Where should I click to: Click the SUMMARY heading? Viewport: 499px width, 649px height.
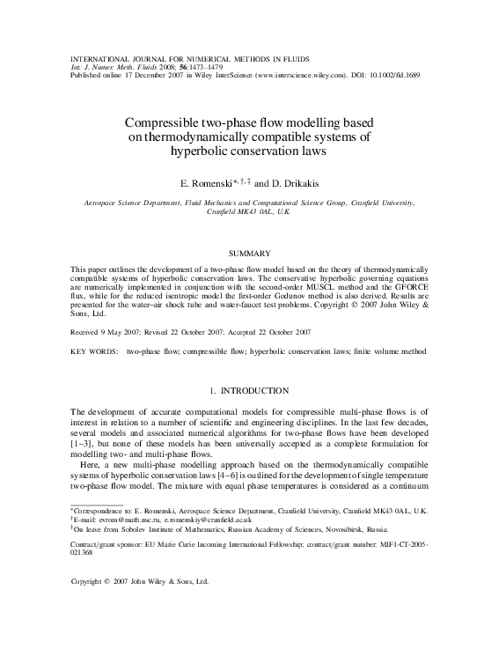pos(250,253)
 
